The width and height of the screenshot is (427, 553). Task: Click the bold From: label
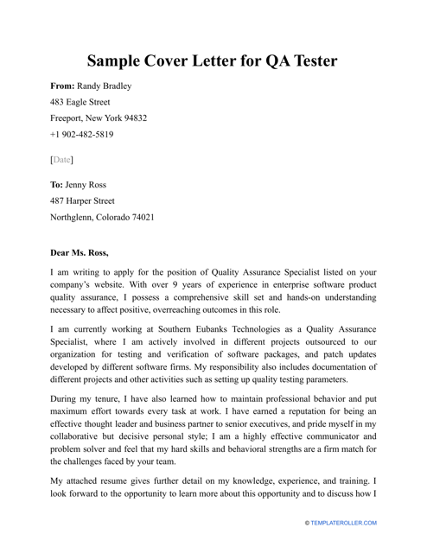click(61, 86)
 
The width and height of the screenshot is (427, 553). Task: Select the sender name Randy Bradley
click(105, 86)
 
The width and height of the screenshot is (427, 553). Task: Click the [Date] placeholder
click(61, 160)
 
